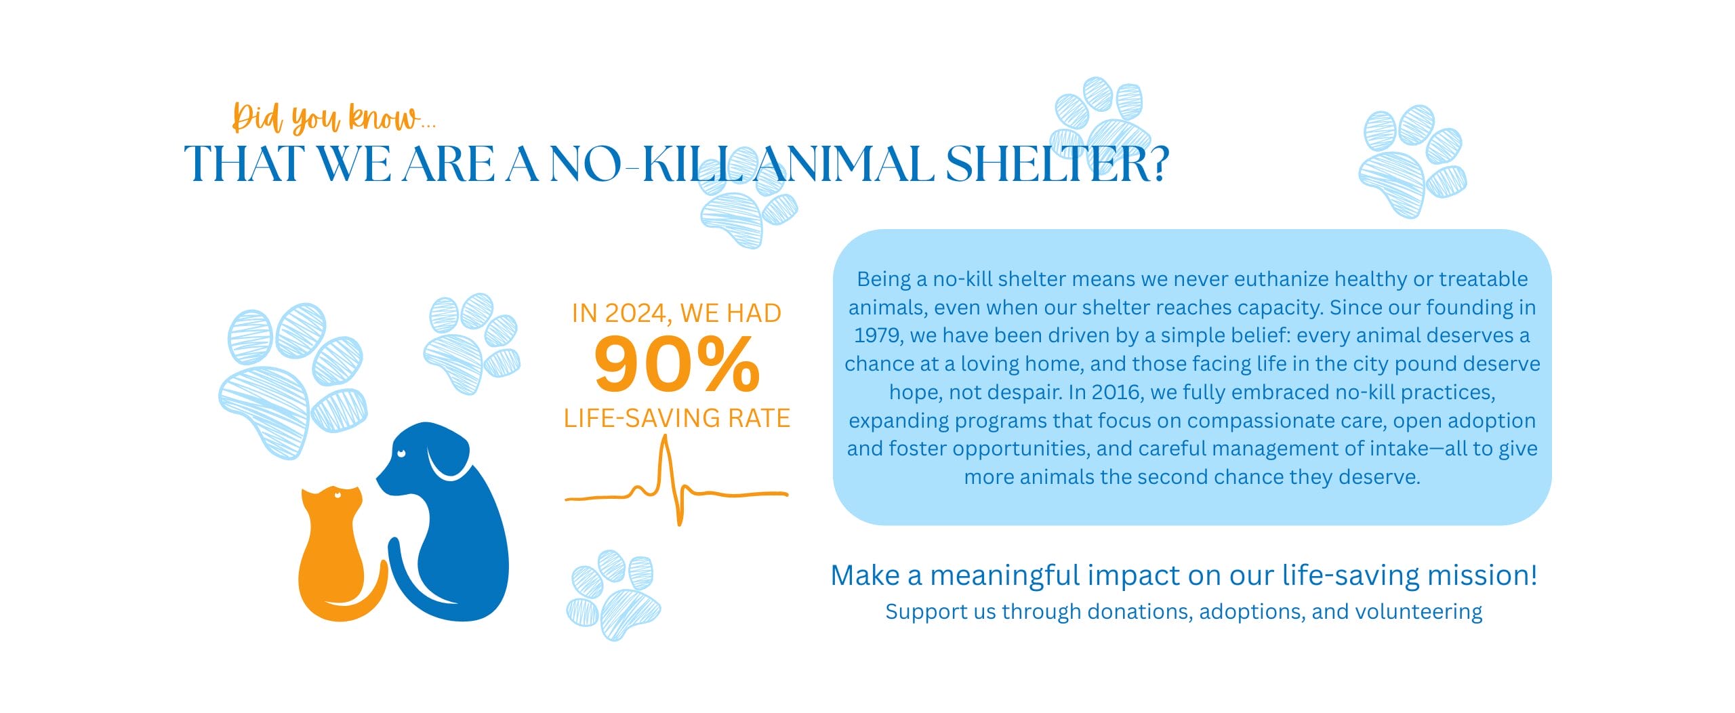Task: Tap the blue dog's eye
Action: pyautogui.click(x=402, y=453)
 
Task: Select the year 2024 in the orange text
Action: pyautogui.click(x=635, y=313)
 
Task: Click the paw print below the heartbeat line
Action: pyautogui.click(x=613, y=595)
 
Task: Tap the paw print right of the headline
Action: pyautogui.click(x=1412, y=161)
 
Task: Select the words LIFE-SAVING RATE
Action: pyautogui.click(x=677, y=418)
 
